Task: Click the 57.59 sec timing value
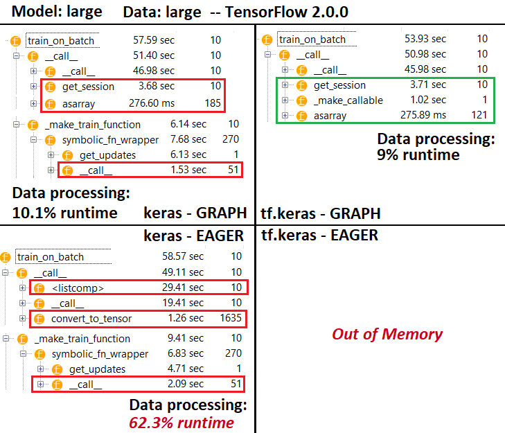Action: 154,40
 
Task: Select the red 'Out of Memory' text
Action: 387,335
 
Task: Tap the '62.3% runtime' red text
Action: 181,423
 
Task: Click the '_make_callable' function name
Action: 348,100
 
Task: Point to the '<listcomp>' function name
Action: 78,288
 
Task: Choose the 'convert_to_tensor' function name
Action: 91,319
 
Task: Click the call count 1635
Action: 231,318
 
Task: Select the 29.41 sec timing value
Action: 183,288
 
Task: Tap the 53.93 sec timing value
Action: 425,39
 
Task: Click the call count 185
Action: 213,103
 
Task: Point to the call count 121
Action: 479,115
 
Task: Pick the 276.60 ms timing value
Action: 152,103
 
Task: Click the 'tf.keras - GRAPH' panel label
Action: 321,213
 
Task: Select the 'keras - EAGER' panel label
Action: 193,236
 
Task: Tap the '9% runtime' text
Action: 418,155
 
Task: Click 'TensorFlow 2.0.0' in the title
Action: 287,12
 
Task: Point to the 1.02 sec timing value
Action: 428,100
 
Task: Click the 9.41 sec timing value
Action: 186,338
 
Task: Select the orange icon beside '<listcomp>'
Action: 39,288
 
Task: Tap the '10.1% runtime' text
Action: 64,213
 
